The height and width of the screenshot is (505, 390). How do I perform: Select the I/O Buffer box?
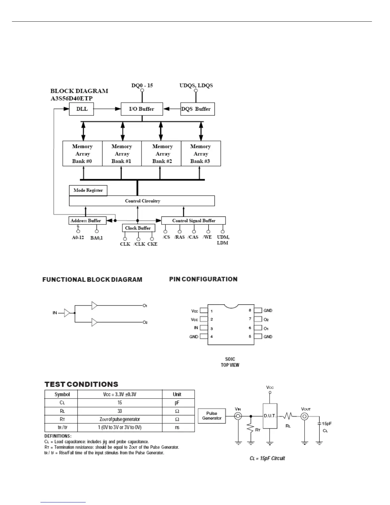[x=142, y=109]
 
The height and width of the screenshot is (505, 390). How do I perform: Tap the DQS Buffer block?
[x=198, y=109]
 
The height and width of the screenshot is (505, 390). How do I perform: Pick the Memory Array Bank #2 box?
[x=162, y=154]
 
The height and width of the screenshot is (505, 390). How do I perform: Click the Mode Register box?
[x=88, y=190]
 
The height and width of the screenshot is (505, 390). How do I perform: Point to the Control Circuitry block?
[x=142, y=201]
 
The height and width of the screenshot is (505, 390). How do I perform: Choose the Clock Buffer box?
[x=138, y=228]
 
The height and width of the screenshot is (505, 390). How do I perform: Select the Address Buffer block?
[x=86, y=221]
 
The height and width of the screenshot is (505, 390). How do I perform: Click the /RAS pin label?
[x=179, y=237]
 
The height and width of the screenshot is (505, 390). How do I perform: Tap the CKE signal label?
[x=152, y=244]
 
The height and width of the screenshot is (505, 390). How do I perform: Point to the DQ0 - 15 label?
[x=142, y=85]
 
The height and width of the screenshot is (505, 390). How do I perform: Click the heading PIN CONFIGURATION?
[x=203, y=279]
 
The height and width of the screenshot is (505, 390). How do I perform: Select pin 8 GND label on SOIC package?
[x=268, y=311]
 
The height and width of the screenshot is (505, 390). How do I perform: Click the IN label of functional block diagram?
[x=55, y=313]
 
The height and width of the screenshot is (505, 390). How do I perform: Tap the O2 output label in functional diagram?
[x=145, y=323]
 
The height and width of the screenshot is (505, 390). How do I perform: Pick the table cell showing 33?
[x=120, y=411]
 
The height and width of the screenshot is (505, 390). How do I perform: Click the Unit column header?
[x=177, y=394]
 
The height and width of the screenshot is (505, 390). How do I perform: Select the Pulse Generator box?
[x=212, y=416]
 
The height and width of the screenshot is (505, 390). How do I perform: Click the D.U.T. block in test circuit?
[x=270, y=416]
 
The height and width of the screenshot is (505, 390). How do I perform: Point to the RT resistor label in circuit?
[x=258, y=430]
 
